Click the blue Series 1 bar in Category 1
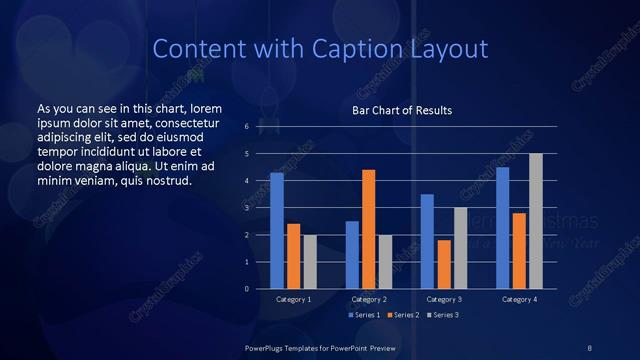(276, 231)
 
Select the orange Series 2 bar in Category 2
(368, 229)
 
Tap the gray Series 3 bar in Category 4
(536, 221)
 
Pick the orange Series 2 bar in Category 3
(444, 264)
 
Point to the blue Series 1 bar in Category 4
(502, 228)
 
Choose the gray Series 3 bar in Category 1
(309, 262)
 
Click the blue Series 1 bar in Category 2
(352, 255)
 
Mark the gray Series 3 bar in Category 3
(460, 248)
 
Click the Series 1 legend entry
(363, 315)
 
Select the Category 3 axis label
(444, 299)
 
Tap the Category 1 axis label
(293, 299)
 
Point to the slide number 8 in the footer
(590, 346)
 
